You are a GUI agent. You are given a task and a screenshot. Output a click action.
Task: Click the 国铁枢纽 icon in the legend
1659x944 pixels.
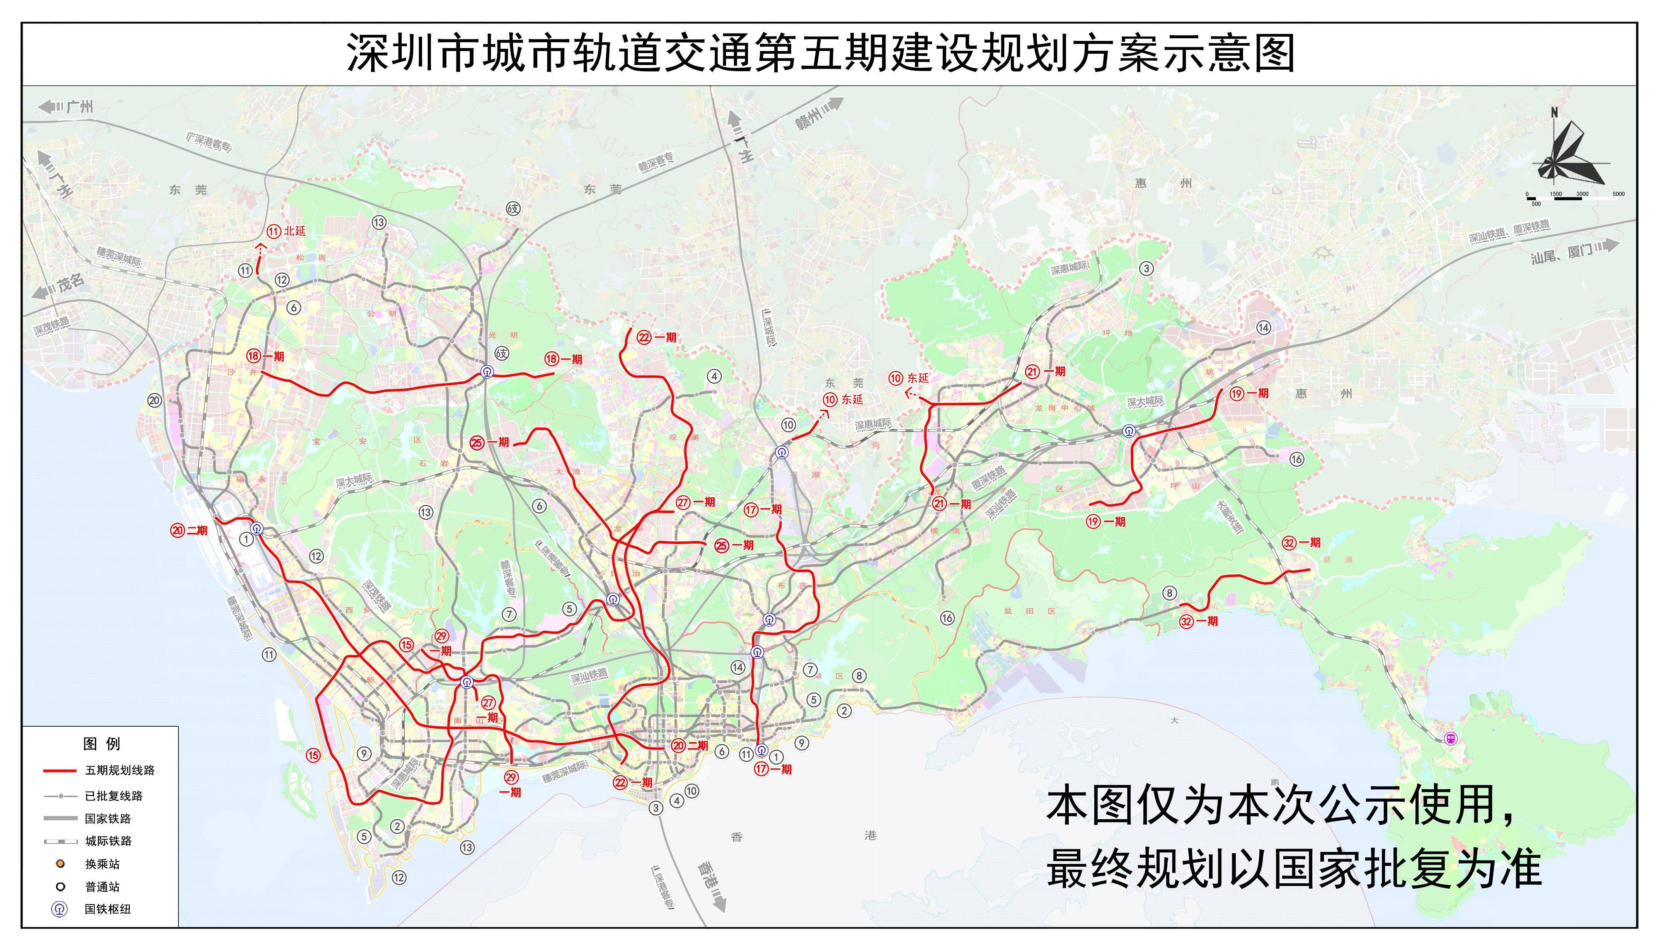[60, 909]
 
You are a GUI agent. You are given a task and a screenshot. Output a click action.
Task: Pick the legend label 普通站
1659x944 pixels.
[102, 886]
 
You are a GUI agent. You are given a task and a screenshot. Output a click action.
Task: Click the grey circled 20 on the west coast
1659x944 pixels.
[154, 400]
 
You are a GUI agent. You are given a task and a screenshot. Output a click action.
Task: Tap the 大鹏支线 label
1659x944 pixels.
[1229, 516]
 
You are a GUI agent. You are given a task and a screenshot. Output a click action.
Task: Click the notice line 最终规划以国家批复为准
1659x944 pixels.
[1293, 869]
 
